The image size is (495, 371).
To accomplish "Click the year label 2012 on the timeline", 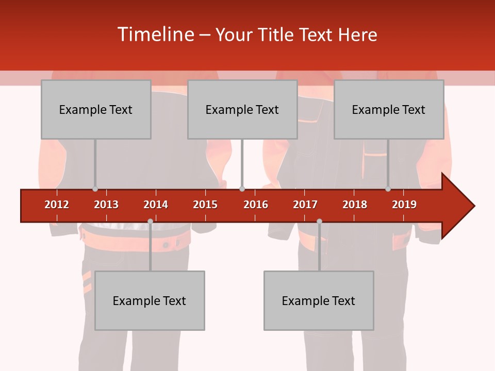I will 57,205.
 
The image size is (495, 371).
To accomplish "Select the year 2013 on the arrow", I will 106,205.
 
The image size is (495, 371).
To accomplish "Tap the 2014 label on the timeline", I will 156,205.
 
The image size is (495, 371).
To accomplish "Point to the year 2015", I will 205,205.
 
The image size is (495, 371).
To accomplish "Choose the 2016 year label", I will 256,205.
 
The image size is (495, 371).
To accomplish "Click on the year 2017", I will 305,205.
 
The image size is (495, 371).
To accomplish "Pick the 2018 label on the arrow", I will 355,205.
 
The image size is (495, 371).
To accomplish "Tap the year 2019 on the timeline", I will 404,205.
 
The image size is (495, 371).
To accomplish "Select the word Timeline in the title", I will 155,35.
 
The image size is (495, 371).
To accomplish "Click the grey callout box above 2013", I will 96,109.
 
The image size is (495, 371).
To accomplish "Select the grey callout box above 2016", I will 242,109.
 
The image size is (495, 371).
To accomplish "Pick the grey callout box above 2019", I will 389,109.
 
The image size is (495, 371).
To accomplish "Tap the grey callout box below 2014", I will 150,300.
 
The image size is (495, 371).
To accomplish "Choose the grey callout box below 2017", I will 319,300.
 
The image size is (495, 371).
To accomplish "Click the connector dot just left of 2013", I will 95,189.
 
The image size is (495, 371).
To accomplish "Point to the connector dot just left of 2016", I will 242,189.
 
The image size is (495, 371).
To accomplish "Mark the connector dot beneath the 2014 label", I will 150,221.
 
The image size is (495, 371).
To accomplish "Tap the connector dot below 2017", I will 319,221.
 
